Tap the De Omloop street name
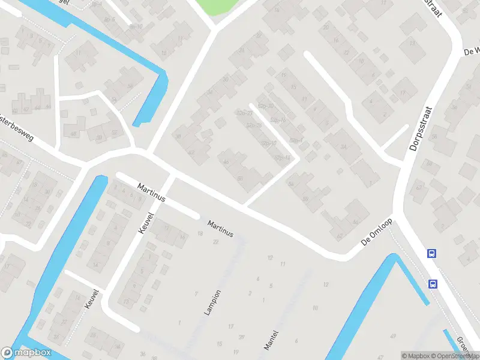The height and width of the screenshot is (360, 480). point(377,231)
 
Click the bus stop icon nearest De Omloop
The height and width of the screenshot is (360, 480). point(431,254)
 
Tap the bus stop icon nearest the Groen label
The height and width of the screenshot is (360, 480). point(432,283)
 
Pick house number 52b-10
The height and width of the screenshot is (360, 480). point(268,143)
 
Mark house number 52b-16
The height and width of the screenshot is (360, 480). point(277,121)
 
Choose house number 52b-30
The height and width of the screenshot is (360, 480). point(265,106)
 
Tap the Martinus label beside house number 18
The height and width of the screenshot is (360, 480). point(220,229)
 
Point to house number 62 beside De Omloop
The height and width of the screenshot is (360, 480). point(340,236)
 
